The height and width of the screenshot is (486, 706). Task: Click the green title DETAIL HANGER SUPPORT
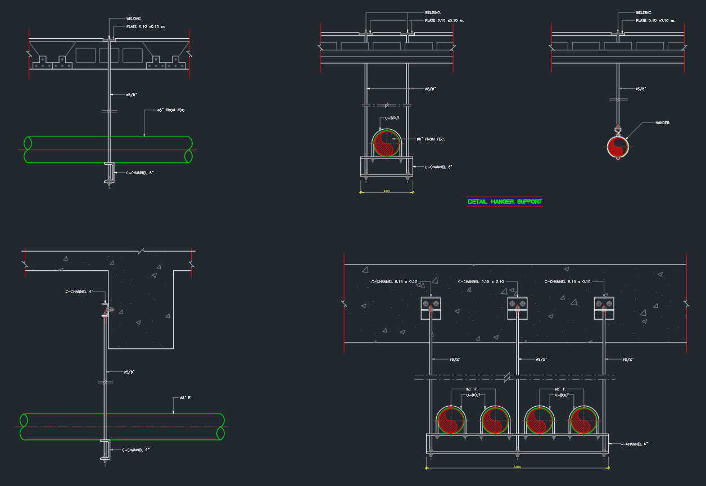coord(505,201)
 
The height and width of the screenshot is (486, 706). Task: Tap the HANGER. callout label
coord(663,122)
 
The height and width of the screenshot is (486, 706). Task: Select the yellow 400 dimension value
coord(387,191)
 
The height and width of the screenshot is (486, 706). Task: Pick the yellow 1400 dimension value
coord(517,466)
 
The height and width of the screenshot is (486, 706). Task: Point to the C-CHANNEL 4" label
coord(78,292)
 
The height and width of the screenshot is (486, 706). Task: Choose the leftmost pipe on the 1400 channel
coord(451,420)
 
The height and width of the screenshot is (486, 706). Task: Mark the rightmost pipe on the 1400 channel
coord(583,420)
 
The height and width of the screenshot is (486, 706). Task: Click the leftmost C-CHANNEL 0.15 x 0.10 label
coord(394,281)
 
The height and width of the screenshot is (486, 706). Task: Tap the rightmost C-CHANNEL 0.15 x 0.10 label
coord(567,281)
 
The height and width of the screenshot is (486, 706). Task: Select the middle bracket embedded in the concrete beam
coord(517,307)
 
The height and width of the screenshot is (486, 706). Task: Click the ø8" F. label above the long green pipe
coord(186,398)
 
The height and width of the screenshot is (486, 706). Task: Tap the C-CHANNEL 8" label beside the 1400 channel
coord(635,444)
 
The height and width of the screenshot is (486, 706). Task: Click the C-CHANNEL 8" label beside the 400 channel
coord(438,167)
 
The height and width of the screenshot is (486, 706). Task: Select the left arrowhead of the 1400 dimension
coord(427,466)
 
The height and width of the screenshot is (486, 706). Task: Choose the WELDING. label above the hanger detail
coord(644,12)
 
